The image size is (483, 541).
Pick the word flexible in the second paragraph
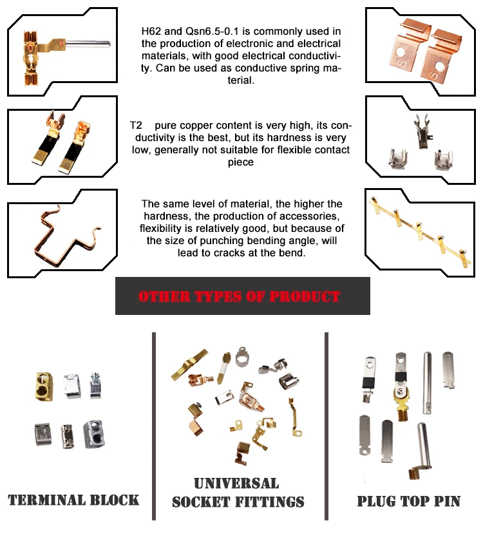[301, 150]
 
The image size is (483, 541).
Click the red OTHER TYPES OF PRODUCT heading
[240, 297]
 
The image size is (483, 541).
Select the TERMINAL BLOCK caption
[74, 499]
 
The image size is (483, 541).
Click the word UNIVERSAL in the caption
[237, 484]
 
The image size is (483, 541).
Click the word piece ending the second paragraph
[240, 163]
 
